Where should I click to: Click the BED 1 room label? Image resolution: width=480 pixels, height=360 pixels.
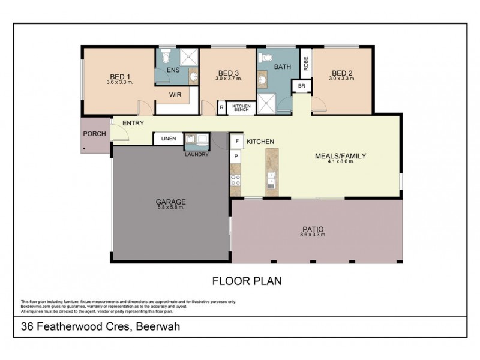pos(120,76)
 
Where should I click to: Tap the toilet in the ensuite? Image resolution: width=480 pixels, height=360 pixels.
pos(166,58)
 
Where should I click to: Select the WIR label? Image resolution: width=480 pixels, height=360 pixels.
pos(175,95)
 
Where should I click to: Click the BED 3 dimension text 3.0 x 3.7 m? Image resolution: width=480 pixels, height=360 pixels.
pos(228,79)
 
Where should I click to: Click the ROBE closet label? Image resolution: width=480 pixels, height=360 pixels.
pos(306,63)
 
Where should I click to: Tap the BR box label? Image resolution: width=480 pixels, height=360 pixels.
pos(301,86)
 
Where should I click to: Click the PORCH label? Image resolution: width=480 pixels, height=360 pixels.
pos(94,134)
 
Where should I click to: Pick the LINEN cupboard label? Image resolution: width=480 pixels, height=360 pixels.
pos(169,139)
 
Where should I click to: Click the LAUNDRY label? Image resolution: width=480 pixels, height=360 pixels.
pos(197,154)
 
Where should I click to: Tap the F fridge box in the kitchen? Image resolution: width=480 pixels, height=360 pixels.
pos(236,142)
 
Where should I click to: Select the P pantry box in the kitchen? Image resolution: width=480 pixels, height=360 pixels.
pos(236,156)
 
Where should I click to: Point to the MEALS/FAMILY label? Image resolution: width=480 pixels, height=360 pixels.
pos(340,155)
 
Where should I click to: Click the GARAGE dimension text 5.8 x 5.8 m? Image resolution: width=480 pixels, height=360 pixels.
pos(172,208)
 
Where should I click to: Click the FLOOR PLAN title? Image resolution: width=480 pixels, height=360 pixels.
pos(247,280)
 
